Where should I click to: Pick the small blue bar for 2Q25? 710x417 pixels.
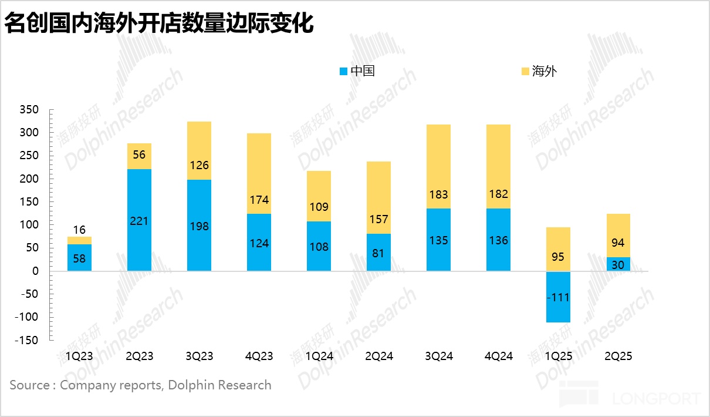point(618,264)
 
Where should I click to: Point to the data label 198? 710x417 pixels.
point(200,226)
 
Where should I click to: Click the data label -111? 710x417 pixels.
point(557,298)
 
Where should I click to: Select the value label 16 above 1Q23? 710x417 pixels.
point(80,230)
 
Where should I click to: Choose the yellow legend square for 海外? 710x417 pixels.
point(525,72)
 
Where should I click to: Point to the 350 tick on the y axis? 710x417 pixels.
point(29,110)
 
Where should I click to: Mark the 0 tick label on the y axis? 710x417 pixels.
point(35,271)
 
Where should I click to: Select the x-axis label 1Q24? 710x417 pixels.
point(319,357)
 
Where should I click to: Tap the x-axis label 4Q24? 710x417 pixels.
point(498,357)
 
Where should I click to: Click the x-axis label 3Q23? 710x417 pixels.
point(200,357)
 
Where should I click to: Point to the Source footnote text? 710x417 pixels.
point(141,385)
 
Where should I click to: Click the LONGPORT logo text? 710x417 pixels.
point(656,399)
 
